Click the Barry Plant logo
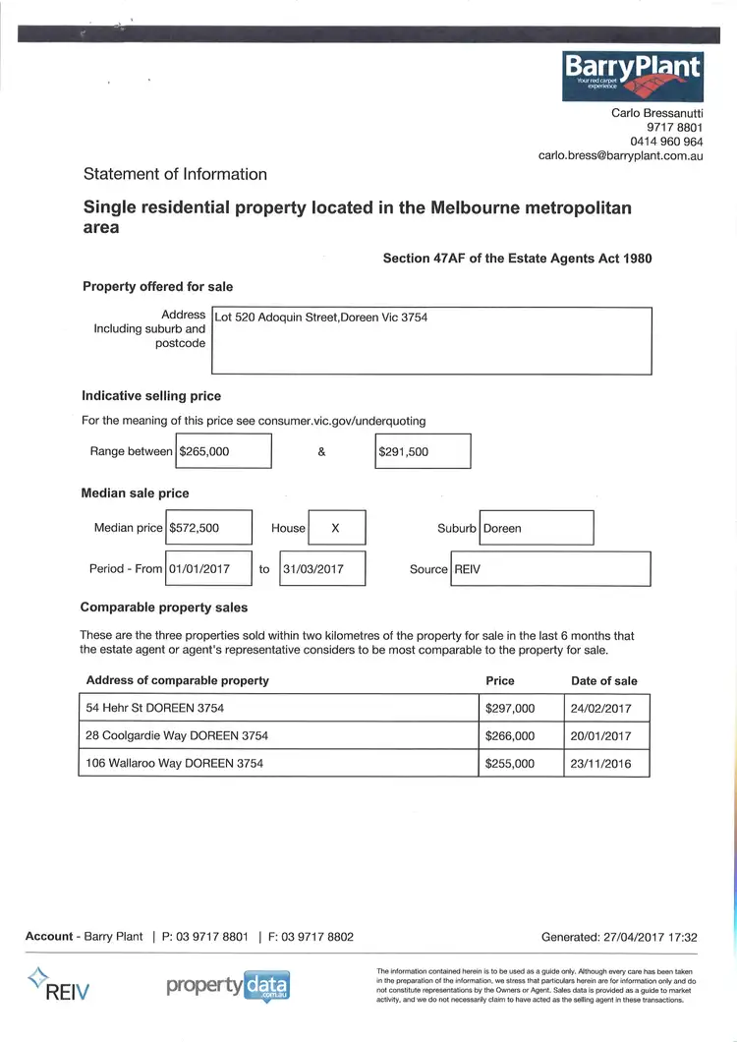[632, 78]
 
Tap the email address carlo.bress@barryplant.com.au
[620, 155]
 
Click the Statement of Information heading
[175, 174]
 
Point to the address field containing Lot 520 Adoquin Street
[431, 340]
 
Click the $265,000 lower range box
[223, 451]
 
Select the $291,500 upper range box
[423, 451]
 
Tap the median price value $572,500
[208, 528]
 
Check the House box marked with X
[336, 528]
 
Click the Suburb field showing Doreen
[536, 528]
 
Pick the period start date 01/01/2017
[208, 569]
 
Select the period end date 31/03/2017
[322, 569]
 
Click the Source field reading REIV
[549, 569]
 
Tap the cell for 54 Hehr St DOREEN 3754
[278, 708]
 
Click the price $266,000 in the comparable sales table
[511, 735]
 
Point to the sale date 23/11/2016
[600, 763]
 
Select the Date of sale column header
[603, 680]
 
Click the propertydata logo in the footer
[228, 985]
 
